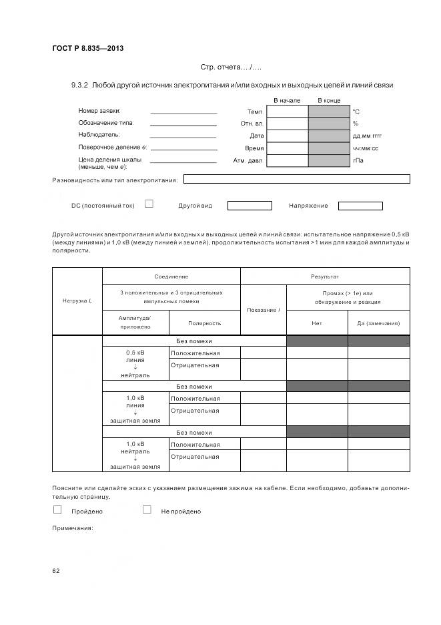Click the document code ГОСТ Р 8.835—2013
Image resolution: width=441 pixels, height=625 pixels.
click(87, 48)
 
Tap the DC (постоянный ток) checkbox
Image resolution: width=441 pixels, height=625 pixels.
click(149, 204)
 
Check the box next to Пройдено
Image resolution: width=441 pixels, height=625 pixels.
click(57, 510)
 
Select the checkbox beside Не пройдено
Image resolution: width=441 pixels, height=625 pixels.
click(147, 510)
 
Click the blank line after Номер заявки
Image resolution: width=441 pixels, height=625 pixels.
click(183, 112)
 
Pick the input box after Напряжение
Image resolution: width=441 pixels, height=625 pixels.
click(360, 206)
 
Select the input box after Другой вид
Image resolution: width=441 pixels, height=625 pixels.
click(250, 206)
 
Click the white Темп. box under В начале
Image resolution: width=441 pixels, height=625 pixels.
click(287, 112)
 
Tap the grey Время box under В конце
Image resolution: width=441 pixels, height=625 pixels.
click(328, 148)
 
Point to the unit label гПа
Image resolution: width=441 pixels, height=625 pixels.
click(358, 160)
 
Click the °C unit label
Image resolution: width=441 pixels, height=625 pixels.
click(356, 112)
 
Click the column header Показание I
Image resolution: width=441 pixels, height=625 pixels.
click(263, 310)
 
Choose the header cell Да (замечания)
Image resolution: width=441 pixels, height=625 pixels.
click(378, 323)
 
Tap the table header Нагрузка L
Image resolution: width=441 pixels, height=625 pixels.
click(77, 300)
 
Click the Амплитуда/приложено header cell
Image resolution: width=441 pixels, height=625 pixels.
click(135, 323)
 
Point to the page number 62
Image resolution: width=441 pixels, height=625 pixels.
click(56, 571)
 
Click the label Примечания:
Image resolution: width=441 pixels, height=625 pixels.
click(73, 529)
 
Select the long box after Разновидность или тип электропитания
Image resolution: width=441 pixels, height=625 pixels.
click(296, 179)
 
